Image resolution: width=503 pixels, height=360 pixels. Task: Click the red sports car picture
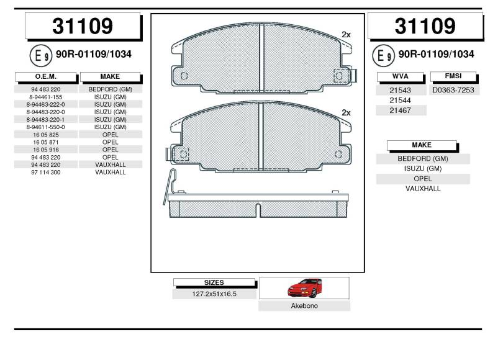point(305,287)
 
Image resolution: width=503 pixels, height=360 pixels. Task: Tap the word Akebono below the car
point(304,306)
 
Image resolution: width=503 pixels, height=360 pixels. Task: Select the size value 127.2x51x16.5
point(214,294)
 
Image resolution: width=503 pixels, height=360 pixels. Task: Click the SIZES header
point(214,282)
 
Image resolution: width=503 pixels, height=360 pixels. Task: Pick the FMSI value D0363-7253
point(453,90)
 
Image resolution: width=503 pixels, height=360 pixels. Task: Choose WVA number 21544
point(400,101)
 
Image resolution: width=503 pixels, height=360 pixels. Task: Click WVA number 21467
point(400,110)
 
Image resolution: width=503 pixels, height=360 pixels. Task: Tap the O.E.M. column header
point(46,76)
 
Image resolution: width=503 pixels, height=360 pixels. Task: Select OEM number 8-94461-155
point(46,97)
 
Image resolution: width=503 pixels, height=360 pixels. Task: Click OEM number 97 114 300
point(46,172)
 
